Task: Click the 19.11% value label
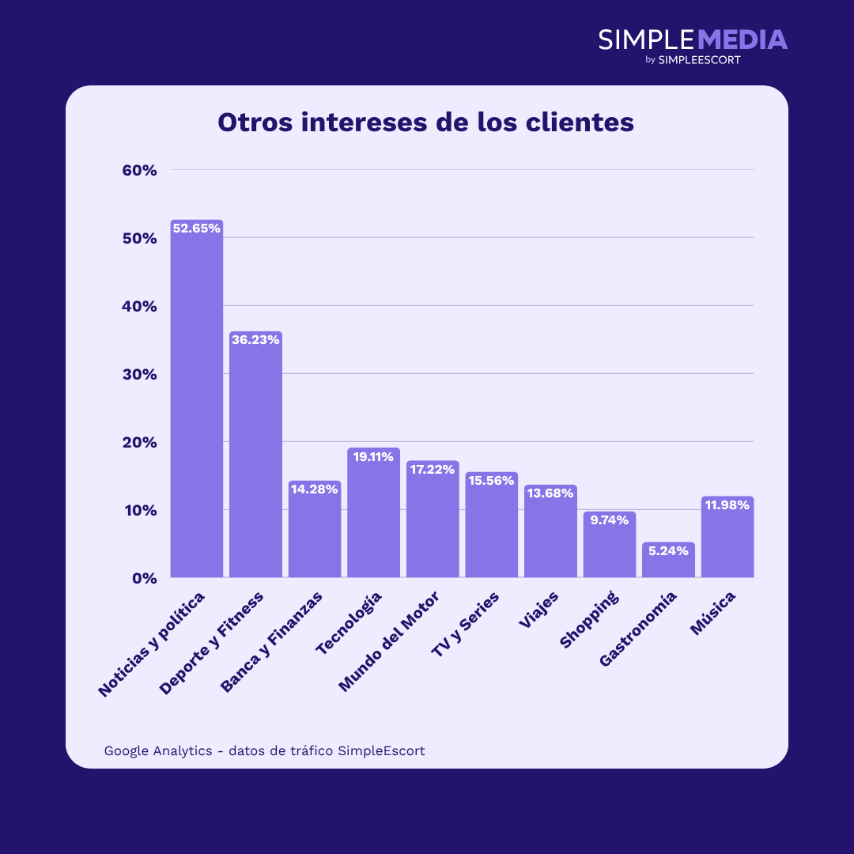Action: (x=373, y=456)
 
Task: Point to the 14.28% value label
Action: (x=315, y=489)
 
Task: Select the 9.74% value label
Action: (x=609, y=520)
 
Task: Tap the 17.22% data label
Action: (x=433, y=469)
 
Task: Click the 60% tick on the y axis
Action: (x=140, y=170)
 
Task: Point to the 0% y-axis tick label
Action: (x=145, y=578)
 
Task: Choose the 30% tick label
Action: (x=140, y=374)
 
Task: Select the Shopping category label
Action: (x=589, y=620)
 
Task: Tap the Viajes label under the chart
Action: (x=539, y=610)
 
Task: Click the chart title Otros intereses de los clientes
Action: (x=426, y=123)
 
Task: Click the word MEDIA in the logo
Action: (x=743, y=40)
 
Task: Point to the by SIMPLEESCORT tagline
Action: (x=693, y=59)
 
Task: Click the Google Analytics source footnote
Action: (x=264, y=750)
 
